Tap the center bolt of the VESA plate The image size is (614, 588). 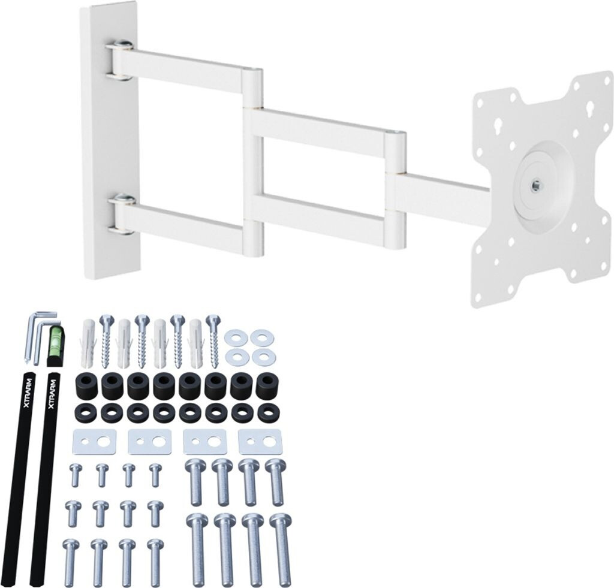coord(536,185)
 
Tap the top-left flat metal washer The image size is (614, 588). coord(236,337)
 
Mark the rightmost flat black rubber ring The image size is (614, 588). coord(268,412)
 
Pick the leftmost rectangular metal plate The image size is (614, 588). coord(94,442)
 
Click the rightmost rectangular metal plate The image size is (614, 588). coord(261,442)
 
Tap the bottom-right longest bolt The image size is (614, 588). coord(281,548)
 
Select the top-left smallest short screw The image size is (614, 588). coord(76,474)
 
